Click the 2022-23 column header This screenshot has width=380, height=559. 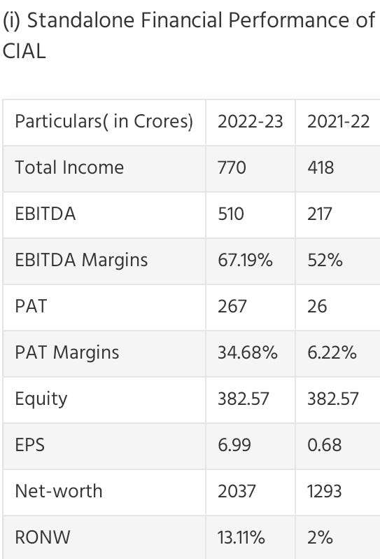pos(250,121)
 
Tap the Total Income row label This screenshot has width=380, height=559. pos(69,167)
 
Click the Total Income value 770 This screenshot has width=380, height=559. pos(232,167)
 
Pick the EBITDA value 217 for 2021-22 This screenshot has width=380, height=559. pos(320,214)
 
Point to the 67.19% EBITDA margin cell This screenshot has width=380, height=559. pos(245,260)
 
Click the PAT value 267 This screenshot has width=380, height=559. pos(232,306)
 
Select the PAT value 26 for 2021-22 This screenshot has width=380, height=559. pos(317,306)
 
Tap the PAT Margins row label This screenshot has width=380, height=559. pos(67,352)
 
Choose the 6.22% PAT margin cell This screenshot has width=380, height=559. pos(332,352)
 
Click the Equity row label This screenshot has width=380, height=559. pos(41,399)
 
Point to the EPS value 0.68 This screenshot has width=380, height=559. pos(324,445)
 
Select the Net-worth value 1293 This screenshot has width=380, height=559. pos(324,491)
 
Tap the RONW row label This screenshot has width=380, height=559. pos(41,537)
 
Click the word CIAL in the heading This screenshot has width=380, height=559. pos(24,52)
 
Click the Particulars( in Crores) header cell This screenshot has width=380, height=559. pos(104,121)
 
